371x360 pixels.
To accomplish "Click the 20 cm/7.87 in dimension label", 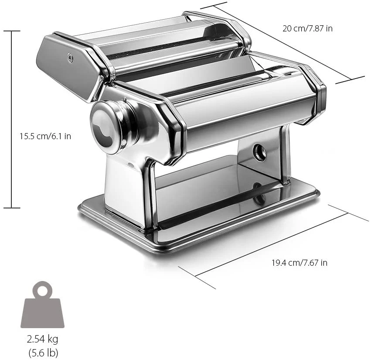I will coord(307,29).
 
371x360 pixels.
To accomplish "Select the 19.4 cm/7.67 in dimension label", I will coord(300,263).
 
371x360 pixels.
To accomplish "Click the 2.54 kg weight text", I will coord(42,339).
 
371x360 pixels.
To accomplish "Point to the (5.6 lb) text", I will coord(42,352).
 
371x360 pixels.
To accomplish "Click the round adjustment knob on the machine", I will coord(107,127).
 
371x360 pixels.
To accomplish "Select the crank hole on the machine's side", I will coord(259,152).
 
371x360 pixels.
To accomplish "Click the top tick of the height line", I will coord(11,31).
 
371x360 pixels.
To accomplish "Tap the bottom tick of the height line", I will coord(11,208).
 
